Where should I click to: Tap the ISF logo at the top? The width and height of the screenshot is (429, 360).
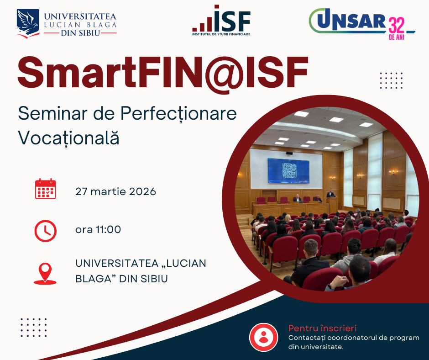(221, 20)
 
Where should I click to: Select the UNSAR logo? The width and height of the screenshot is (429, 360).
(362, 23)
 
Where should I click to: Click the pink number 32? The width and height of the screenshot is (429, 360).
(397, 25)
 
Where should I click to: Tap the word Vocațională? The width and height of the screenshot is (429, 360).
(68, 138)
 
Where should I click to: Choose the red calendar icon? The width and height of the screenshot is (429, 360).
(46, 189)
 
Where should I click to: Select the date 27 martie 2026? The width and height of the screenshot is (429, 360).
(115, 191)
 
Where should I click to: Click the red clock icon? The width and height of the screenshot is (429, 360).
(46, 231)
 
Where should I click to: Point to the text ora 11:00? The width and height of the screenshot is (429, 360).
(98, 229)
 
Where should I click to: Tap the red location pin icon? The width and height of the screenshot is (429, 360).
(45, 273)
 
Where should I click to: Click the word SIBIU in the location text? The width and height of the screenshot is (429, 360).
(154, 279)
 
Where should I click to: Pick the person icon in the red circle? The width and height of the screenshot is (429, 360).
(263, 337)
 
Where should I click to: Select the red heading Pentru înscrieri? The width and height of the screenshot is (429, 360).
(323, 328)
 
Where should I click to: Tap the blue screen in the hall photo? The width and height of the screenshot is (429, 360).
(288, 171)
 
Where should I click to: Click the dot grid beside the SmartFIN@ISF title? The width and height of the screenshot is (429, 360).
(391, 80)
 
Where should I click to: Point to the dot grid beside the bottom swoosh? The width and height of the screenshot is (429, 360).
(34, 328)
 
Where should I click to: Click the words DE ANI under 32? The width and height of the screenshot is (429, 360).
(397, 37)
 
